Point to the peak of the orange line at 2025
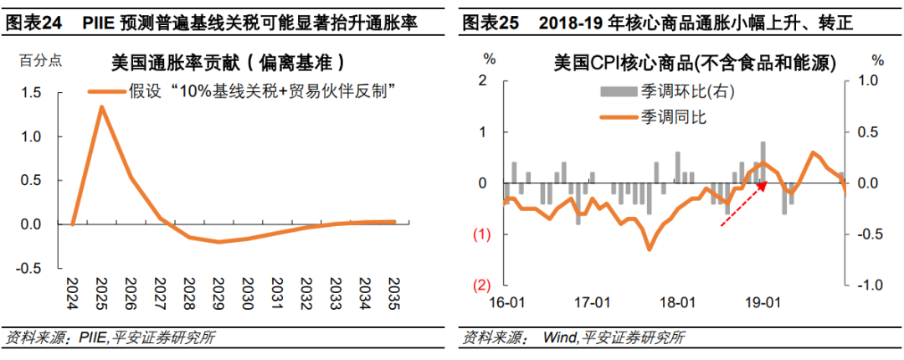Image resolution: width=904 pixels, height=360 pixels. coord(101,107)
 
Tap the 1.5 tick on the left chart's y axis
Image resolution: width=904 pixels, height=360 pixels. coord(31,92)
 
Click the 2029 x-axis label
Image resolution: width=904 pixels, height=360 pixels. coord(218,293)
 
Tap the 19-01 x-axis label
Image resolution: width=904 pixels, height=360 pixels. coord(763,301)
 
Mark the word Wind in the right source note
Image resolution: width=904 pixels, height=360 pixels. coord(560,338)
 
